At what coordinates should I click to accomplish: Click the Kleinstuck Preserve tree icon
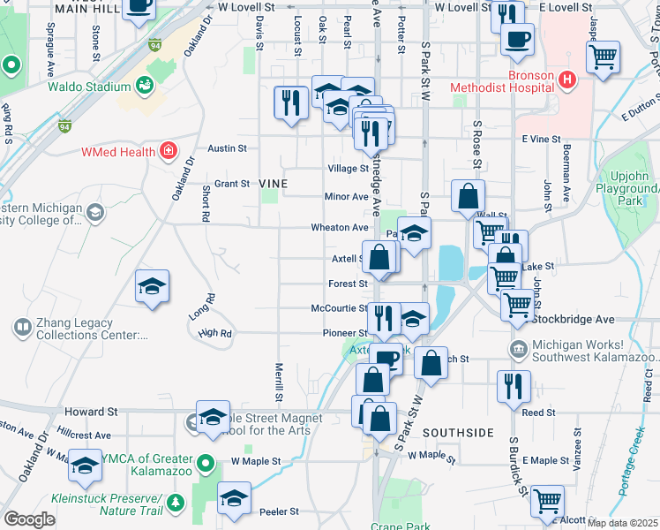point(176,503)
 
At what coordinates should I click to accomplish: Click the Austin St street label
point(227,149)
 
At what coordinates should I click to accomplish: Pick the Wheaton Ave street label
point(339,227)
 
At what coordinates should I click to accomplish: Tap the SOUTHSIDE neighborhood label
point(457,433)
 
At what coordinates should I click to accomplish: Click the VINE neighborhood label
point(268,183)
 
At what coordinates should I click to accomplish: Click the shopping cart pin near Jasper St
point(604,57)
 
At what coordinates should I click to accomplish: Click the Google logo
point(29,519)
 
